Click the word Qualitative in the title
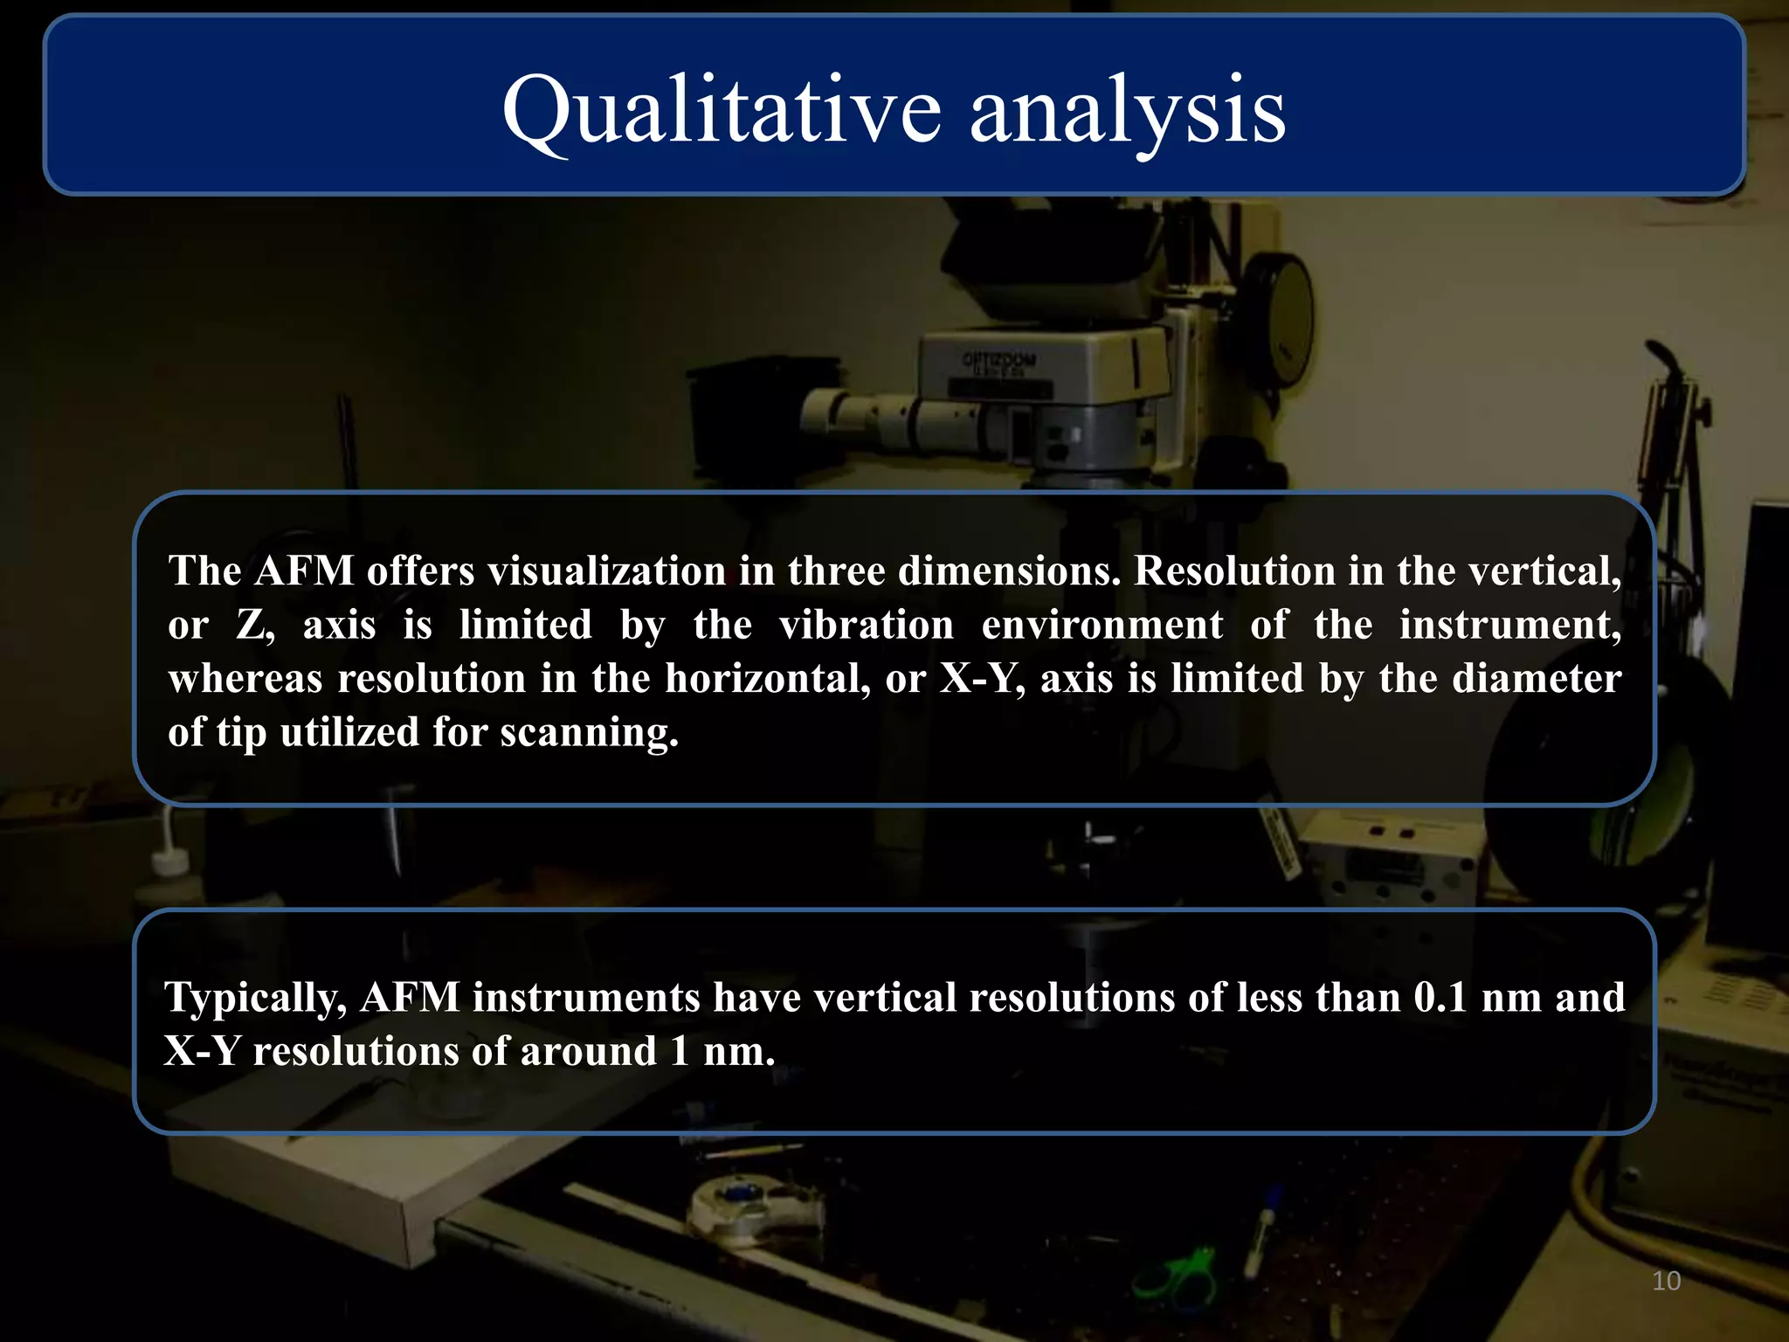[722, 112]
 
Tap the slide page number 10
[1666, 1281]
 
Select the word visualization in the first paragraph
[606, 571]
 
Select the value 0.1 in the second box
[1440, 998]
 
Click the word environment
[1102, 626]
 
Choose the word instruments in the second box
[586, 998]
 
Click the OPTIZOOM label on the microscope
[998, 359]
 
